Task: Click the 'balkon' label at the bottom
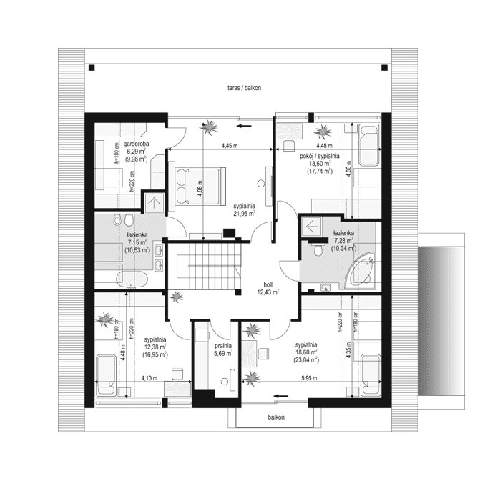(x=276, y=417)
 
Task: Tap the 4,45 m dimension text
(x=228, y=146)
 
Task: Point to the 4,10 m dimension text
(x=149, y=378)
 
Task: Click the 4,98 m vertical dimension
(x=200, y=188)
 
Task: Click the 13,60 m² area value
(x=318, y=163)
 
